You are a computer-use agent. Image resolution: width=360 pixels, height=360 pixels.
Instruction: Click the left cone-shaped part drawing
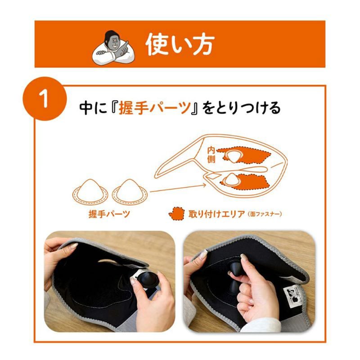point(90,189)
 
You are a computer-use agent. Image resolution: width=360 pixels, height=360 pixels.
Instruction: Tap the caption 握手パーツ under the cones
point(110,214)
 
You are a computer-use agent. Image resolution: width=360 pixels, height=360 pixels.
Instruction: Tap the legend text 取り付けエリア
point(211,214)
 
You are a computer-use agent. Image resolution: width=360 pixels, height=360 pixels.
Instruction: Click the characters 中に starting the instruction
point(90,108)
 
